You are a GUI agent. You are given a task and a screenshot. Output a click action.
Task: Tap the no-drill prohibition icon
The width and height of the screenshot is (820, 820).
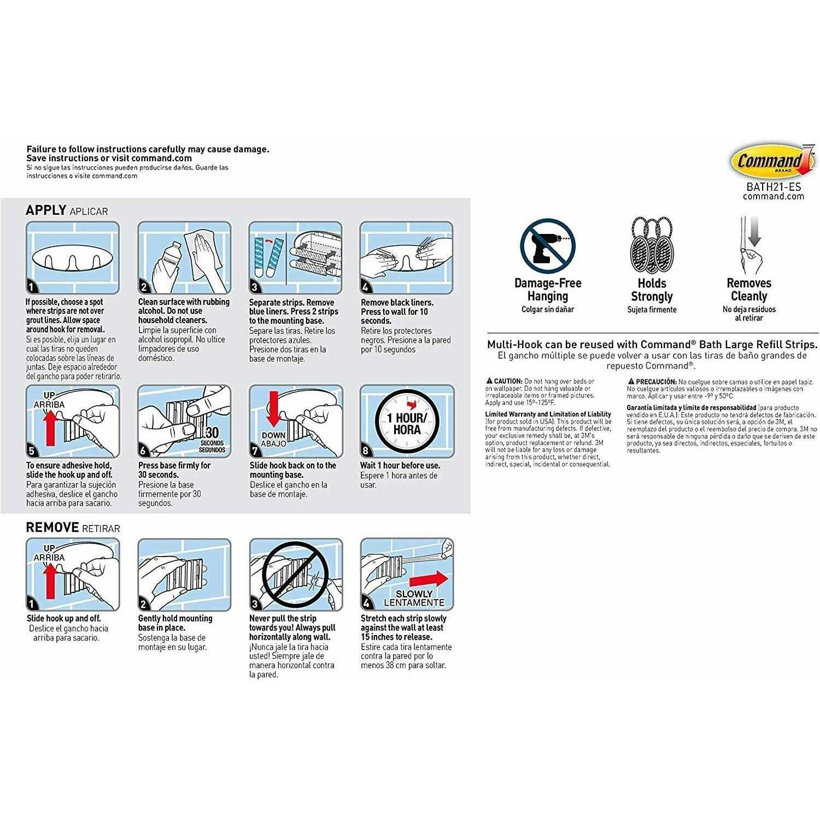(x=547, y=247)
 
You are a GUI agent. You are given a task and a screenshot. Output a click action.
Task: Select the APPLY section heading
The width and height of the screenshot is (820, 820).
(x=46, y=210)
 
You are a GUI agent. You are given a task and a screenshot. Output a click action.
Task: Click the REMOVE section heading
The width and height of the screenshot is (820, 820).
(x=52, y=528)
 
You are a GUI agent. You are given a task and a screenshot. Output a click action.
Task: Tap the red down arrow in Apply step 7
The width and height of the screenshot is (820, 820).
(x=274, y=411)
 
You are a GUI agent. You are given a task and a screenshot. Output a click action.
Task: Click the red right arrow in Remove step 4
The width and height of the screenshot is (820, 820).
(x=429, y=579)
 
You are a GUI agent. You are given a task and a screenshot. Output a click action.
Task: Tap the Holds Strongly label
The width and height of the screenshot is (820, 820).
(x=652, y=290)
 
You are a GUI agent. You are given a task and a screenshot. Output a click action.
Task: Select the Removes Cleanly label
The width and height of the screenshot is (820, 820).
(x=749, y=290)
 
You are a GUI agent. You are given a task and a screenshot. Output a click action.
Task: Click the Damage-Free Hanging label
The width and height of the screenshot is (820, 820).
(x=547, y=290)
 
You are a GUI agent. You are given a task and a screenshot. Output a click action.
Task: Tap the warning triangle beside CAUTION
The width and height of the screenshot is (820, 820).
(x=489, y=381)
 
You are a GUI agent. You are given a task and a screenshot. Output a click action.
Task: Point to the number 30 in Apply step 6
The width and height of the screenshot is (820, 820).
(x=212, y=432)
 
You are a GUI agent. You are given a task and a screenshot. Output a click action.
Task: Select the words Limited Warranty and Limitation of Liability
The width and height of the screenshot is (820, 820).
(x=548, y=414)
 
